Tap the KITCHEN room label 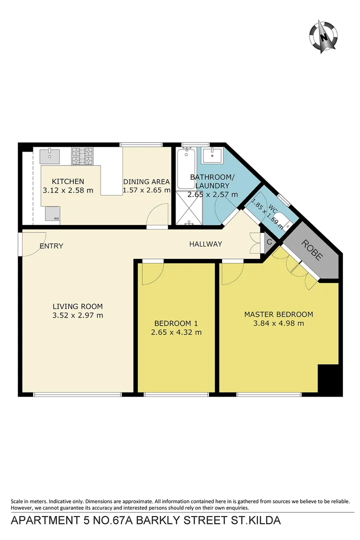pyautogui.click(x=68, y=181)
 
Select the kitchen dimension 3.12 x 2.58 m pyautogui.click(x=68, y=190)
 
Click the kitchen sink pyautogui.click(x=50, y=155)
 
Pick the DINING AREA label pyautogui.click(x=146, y=181)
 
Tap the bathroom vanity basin pyautogui.click(x=214, y=155)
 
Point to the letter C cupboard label pyautogui.click(x=269, y=242)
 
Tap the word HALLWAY pyautogui.click(x=205, y=244)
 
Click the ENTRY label pyautogui.click(x=52, y=245)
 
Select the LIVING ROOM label pyautogui.click(x=77, y=306)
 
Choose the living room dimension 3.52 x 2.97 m pyautogui.click(x=77, y=315)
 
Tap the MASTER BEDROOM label pyautogui.click(x=278, y=314)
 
